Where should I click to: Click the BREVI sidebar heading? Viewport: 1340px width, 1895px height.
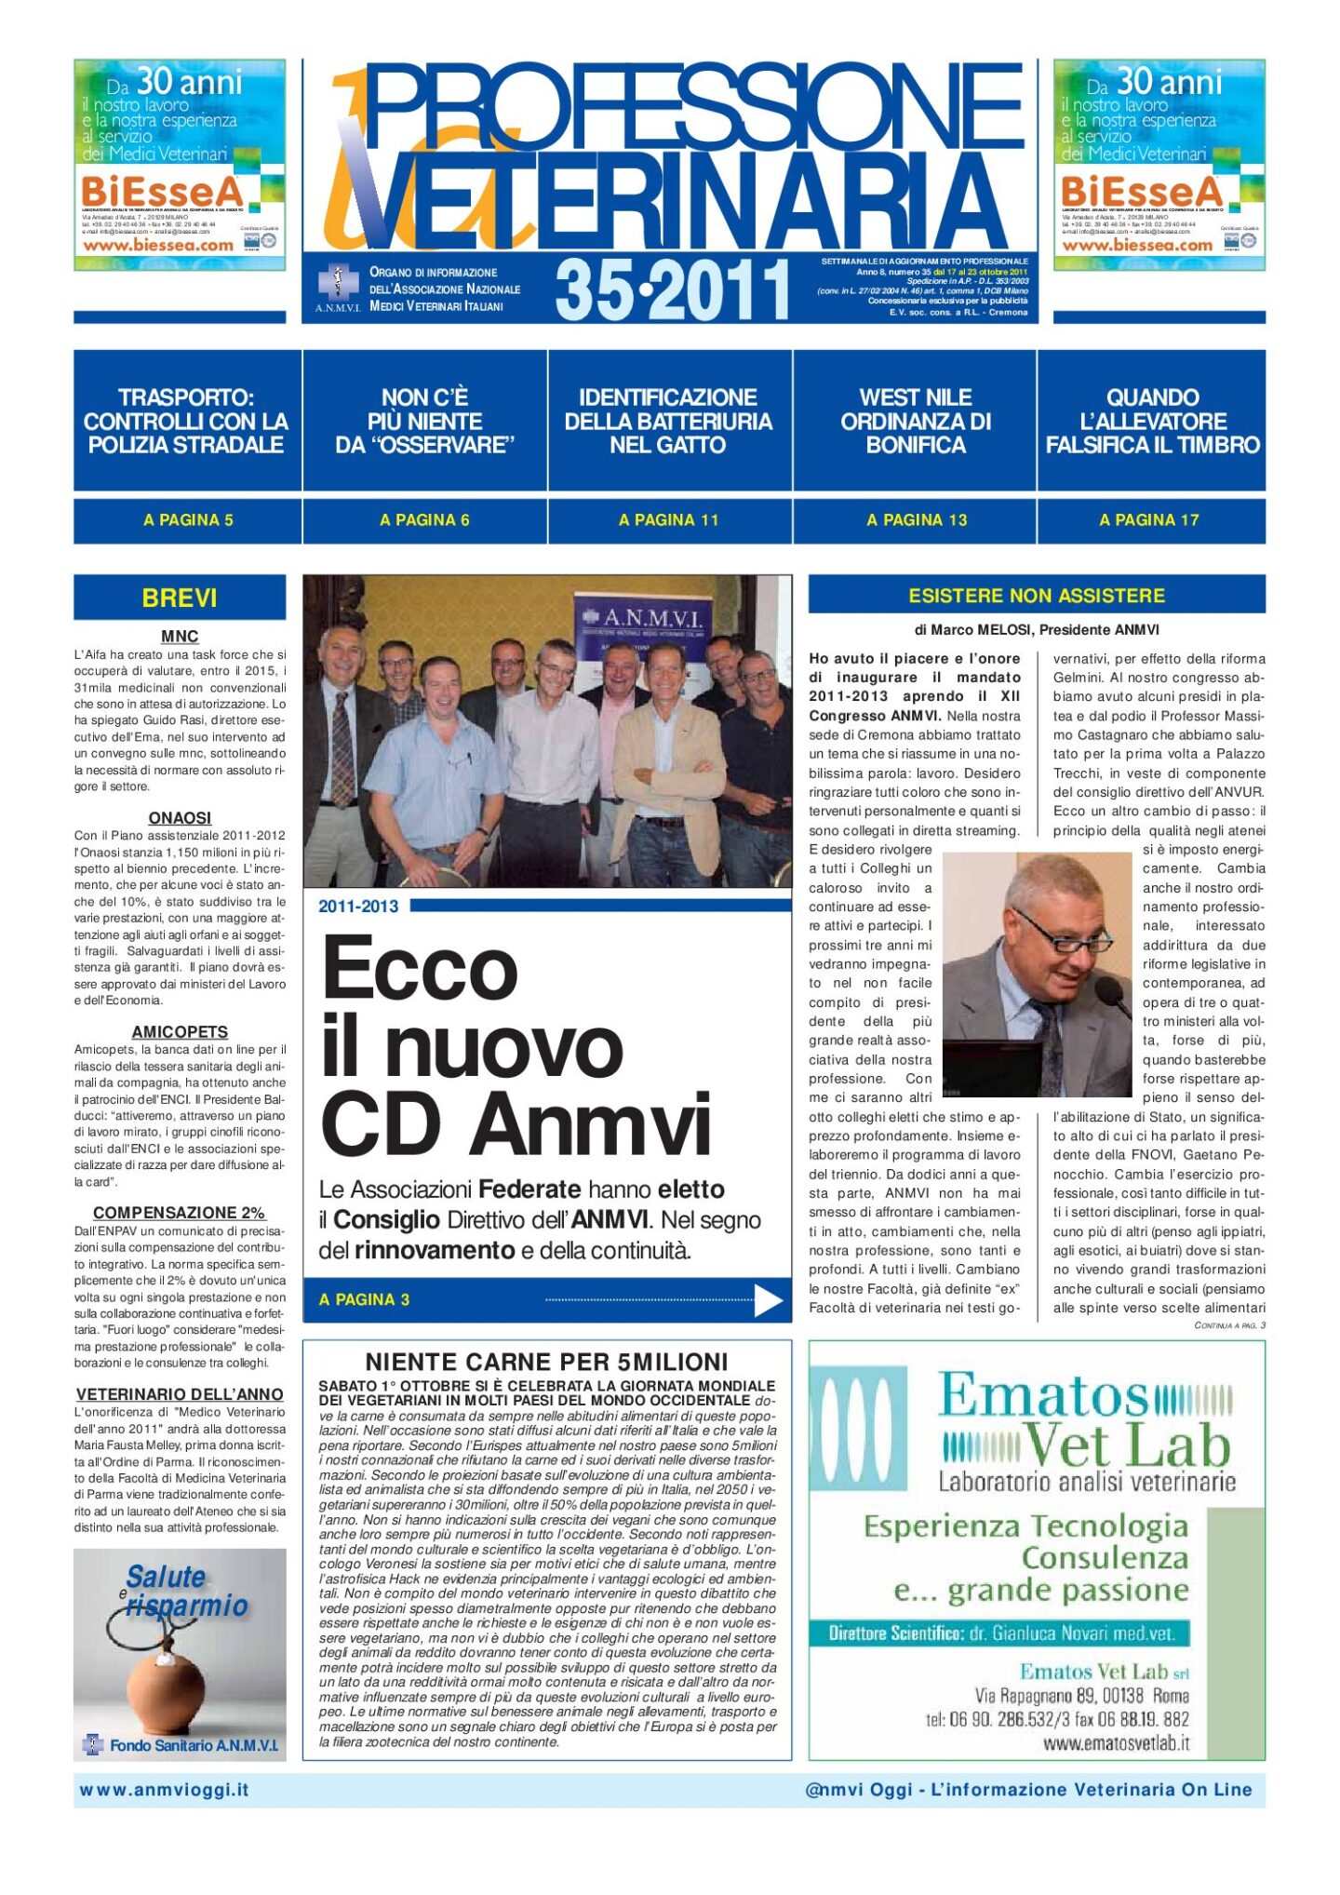[x=180, y=598]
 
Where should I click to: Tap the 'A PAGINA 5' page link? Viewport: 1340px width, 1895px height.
[x=188, y=520]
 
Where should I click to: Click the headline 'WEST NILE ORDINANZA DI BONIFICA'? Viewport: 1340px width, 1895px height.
[x=915, y=422]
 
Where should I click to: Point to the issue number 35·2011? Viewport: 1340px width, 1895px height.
[x=672, y=289]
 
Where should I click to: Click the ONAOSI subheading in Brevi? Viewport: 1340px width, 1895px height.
[x=180, y=817]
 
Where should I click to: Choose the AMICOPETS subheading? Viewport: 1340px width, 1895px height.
[x=180, y=1031]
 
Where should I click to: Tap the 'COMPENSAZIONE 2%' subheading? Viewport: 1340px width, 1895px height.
[x=180, y=1213]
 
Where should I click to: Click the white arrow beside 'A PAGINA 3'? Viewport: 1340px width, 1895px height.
[x=768, y=1300]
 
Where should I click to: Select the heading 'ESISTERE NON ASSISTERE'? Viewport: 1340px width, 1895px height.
[x=1037, y=596]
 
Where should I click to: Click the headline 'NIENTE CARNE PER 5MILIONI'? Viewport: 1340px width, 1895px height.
[x=546, y=1362]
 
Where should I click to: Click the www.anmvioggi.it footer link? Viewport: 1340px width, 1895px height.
[x=165, y=1790]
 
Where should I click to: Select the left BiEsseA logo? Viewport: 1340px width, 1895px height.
[x=163, y=193]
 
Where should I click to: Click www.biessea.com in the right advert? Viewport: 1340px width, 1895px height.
[x=1137, y=246]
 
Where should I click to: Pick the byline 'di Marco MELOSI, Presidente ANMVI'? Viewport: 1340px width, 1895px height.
[x=1037, y=630]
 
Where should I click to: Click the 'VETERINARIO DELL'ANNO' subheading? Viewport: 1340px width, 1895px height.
[x=180, y=1394]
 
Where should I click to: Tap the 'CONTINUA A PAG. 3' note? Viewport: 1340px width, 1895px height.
[x=1229, y=1324]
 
